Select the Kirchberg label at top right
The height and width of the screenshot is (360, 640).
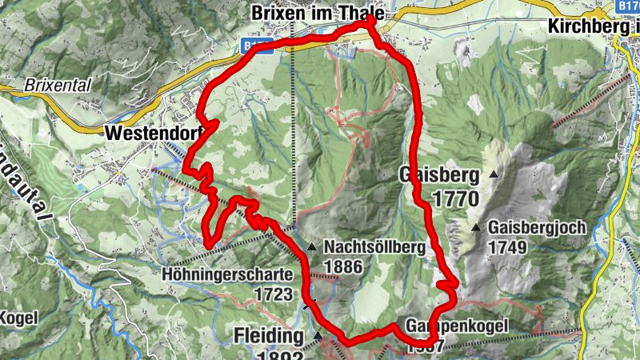pos(593,26)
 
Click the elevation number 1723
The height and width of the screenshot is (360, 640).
pos(273,294)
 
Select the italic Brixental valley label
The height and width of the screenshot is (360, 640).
pos(57,84)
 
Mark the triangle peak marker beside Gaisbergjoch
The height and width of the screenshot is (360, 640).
pos(476,228)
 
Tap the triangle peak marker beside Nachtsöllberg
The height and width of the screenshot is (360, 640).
pos(310,247)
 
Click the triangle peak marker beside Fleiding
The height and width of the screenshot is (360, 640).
pos(318,334)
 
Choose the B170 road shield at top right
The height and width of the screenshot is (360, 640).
pos(629,6)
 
